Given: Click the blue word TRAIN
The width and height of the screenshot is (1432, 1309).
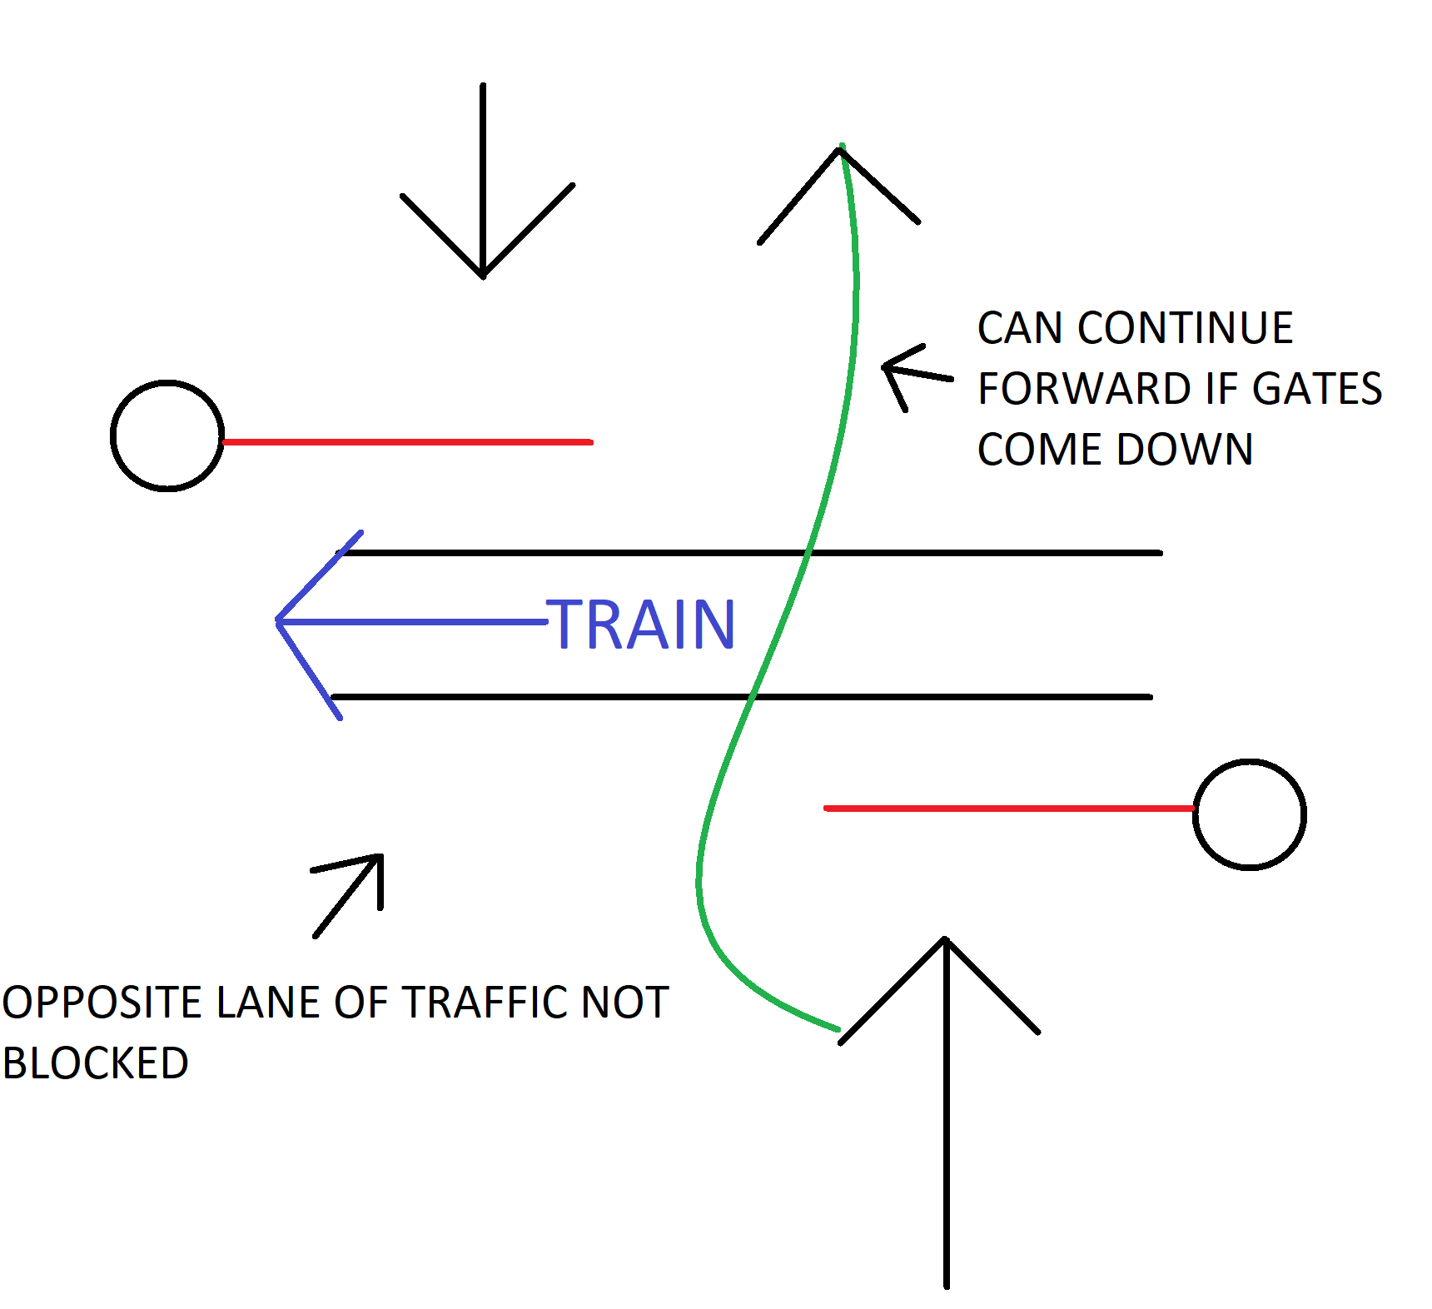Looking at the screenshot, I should pyautogui.click(x=641, y=625).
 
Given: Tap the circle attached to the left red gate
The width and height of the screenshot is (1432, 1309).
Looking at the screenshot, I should pyautogui.click(x=167, y=436).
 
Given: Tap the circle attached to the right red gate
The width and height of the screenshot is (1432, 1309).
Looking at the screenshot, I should pyautogui.click(x=1249, y=814).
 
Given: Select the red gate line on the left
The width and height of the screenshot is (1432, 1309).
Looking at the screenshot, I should pyautogui.click(x=408, y=442).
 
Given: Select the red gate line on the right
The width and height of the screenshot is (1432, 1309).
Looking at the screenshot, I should pyautogui.click(x=1008, y=808).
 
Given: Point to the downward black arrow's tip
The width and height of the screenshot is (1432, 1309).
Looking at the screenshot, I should pyautogui.click(x=483, y=275).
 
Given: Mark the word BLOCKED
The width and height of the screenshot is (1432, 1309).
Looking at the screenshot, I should pyautogui.click(x=96, y=1063).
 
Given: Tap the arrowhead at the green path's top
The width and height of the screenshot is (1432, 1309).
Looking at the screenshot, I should pyautogui.click(x=839, y=152).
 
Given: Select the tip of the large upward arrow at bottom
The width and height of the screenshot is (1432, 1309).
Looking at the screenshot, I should pyautogui.click(x=946, y=941).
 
